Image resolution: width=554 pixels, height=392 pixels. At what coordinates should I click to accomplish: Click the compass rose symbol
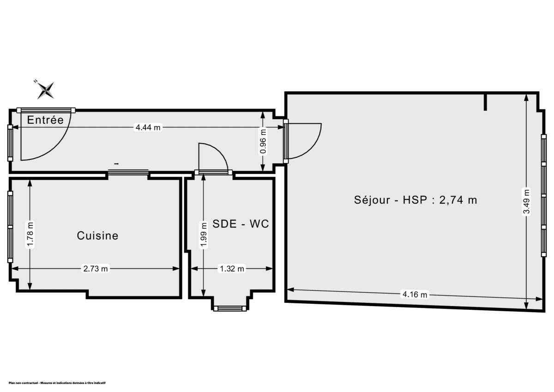[x=46, y=90]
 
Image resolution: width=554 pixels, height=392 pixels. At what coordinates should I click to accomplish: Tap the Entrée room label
[x=45, y=120]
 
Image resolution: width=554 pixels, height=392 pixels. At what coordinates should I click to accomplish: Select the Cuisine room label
[x=97, y=235]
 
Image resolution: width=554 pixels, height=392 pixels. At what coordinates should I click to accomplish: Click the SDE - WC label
[x=241, y=224]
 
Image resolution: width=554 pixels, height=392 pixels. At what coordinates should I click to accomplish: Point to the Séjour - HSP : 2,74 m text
[x=415, y=200]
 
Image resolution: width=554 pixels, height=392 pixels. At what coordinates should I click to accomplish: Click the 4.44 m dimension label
[x=148, y=127]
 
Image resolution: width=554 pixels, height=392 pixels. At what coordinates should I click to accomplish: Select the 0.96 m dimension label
[x=263, y=144]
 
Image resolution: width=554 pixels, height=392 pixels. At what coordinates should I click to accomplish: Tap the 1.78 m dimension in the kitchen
[x=30, y=235]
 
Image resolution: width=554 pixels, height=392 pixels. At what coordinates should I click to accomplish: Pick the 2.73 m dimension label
[x=96, y=269]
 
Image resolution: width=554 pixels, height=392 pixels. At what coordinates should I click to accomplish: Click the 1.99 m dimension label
[x=203, y=235]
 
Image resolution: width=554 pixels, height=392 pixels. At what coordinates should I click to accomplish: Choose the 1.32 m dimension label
[x=231, y=269]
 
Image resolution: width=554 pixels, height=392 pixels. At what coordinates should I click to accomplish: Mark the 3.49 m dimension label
[x=526, y=201]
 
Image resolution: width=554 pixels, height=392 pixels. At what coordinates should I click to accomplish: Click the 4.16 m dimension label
[x=415, y=294]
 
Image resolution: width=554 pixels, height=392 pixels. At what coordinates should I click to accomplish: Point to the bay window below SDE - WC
[x=229, y=308]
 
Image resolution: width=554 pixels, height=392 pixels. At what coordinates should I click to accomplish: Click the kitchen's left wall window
[x=10, y=227]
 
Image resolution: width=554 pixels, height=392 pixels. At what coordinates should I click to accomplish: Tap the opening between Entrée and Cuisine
[x=128, y=173]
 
